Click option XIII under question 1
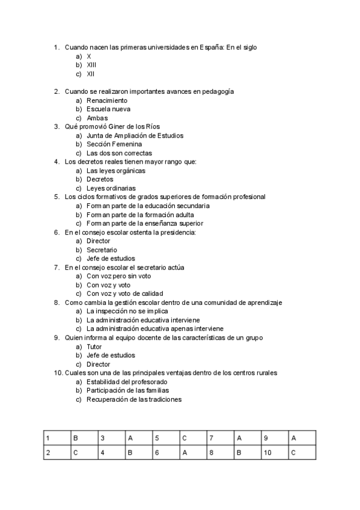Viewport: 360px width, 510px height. click(91, 64)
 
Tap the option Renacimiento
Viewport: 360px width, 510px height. click(107, 100)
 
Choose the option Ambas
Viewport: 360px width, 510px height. click(97, 118)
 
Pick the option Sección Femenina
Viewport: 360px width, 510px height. click(114, 144)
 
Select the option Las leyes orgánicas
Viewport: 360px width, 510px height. click(116, 171)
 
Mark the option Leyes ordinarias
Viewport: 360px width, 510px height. click(111, 188)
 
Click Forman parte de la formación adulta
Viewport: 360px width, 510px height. click(140, 215)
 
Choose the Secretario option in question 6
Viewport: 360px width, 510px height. click(102, 250)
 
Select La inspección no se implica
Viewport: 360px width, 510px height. click(127, 312)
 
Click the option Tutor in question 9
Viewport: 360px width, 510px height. click(95, 346)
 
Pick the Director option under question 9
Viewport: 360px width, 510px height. click(99, 364)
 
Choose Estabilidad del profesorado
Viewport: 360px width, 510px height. click(127, 382)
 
